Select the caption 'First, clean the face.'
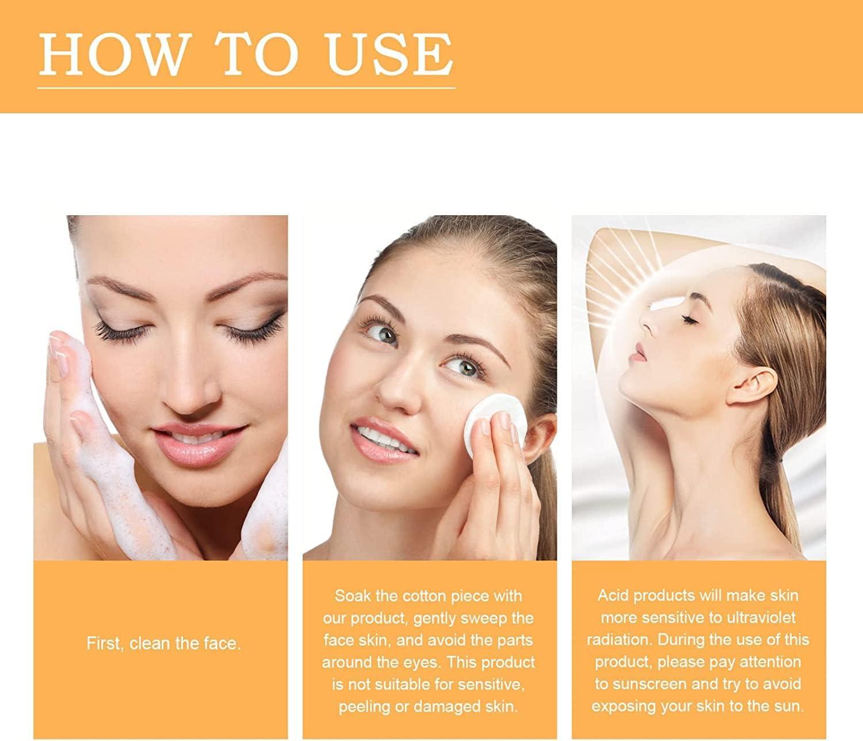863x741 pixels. click(x=163, y=643)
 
